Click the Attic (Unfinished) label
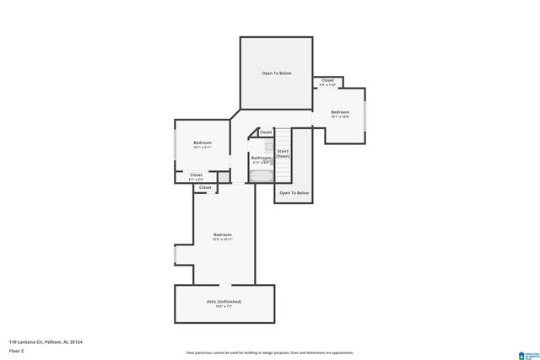[224, 301]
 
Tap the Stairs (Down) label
[283, 153]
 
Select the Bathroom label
[261, 158]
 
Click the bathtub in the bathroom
[261, 176]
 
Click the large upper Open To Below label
[277, 73]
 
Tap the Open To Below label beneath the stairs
[294, 193]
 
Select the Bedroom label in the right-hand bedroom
[340, 112]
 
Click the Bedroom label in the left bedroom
[202, 142]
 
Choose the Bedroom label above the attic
[222, 234]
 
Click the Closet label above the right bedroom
[327, 81]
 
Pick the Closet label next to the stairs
[266, 132]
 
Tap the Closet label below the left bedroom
[196, 175]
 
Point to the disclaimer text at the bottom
[270, 352]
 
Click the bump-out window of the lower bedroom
[175, 254]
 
